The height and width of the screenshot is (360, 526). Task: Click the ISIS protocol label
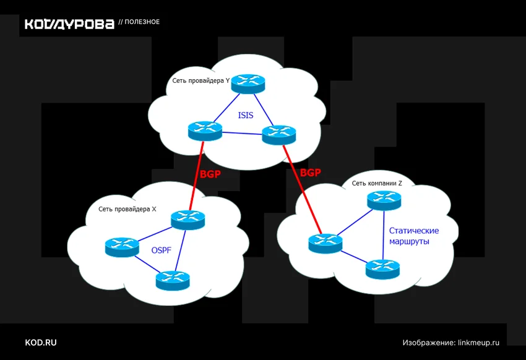click(x=246, y=115)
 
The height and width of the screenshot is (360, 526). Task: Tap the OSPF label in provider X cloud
click(x=162, y=251)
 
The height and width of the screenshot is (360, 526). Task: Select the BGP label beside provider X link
click(x=210, y=174)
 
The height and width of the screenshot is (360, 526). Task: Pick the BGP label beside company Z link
click(x=310, y=173)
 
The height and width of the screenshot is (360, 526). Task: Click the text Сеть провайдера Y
click(x=201, y=81)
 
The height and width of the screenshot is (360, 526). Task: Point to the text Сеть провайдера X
click(x=127, y=209)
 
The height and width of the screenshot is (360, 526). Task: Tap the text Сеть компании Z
click(x=377, y=183)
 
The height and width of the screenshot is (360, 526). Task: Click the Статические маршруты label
click(x=414, y=236)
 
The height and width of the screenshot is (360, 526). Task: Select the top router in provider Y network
click(x=248, y=84)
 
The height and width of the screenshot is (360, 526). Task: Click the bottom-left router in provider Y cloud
click(x=205, y=131)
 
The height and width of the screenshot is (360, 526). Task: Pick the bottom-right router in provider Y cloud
click(x=278, y=135)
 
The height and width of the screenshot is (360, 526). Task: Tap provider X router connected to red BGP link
click(x=188, y=220)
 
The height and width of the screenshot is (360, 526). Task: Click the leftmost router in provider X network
click(x=122, y=247)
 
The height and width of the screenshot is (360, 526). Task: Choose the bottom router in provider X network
click(x=173, y=280)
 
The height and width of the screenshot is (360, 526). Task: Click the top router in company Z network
click(x=384, y=200)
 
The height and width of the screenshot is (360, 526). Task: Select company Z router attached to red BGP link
click(x=326, y=243)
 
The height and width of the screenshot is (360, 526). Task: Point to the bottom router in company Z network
click(x=383, y=269)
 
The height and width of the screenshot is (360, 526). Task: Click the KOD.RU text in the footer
click(x=41, y=343)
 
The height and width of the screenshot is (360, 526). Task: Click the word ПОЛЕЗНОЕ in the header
click(x=142, y=22)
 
